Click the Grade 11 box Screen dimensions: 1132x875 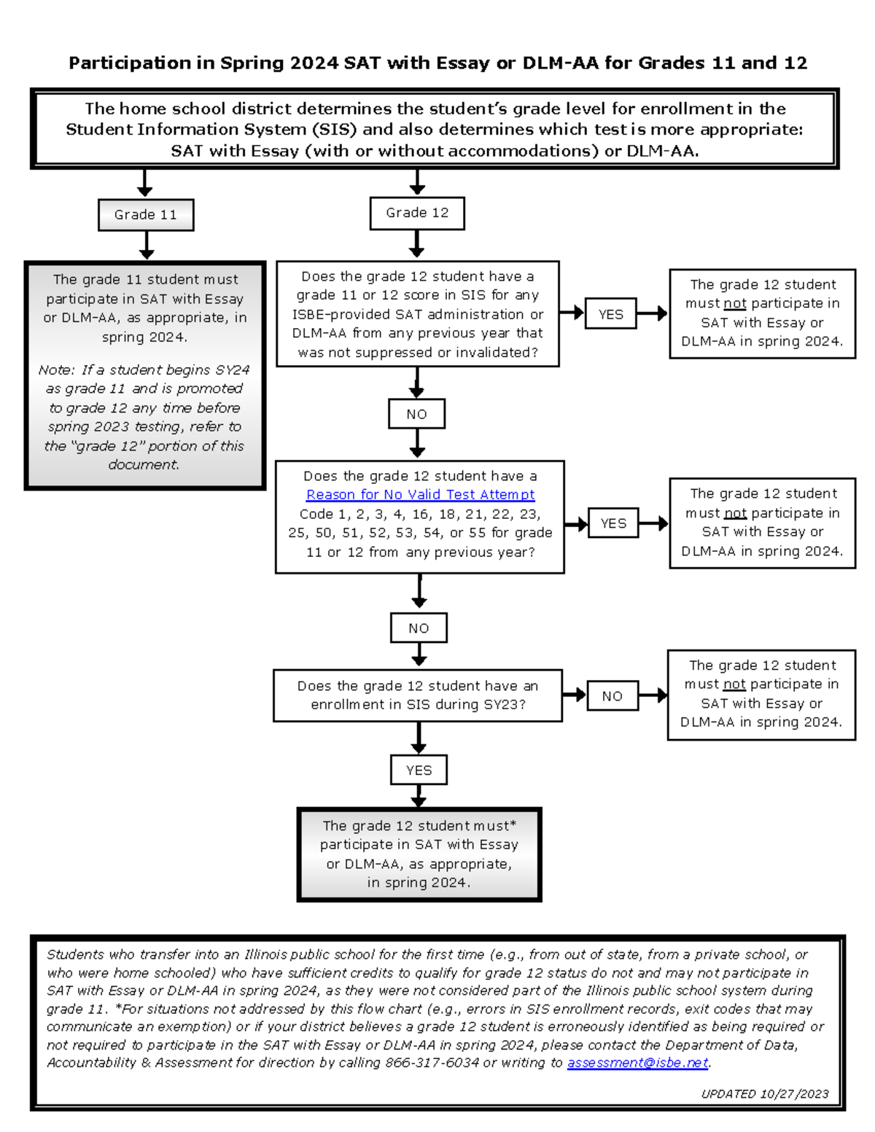pos(146,215)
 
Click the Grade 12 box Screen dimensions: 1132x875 pos(417,213)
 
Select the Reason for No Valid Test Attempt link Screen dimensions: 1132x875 pos(420,495)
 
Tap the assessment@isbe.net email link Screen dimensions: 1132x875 pos(637,1063)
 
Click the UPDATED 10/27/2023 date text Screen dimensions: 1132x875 pos(764,1093)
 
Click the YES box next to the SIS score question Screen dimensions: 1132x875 pos(610,314)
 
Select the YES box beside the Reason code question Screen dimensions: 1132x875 pos(613,523)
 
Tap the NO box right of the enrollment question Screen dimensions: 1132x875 pos(612,696)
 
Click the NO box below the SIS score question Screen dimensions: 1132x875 pos(416,414)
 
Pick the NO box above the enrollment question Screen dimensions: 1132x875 pos(419,628)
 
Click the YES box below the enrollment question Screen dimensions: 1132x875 pos(419,770)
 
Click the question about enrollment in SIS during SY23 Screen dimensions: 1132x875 pos(417,695)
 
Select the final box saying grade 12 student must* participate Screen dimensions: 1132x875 pos(419,854)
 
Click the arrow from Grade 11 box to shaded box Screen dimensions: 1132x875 pos(147,246)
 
